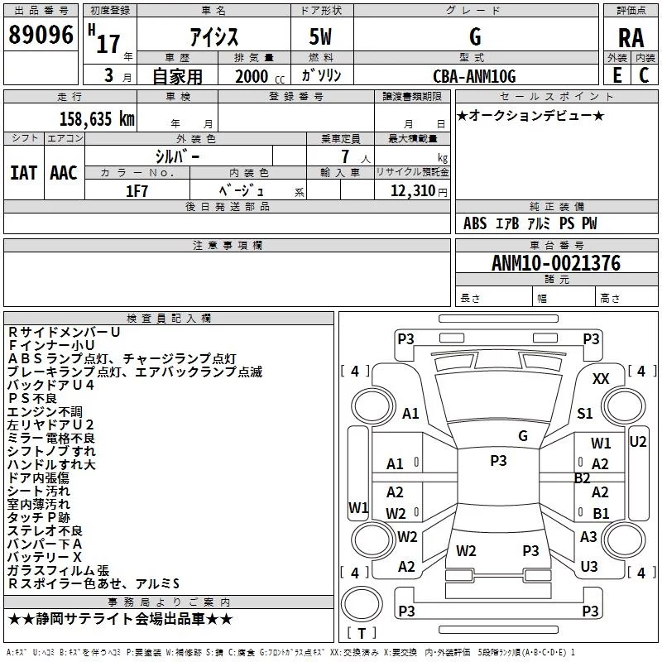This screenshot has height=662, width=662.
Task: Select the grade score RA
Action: pos(631,38)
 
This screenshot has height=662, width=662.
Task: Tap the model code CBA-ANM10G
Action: pos(474,76)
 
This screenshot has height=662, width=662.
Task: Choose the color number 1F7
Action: pos(137,190)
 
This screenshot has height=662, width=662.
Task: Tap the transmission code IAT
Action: pos(23,173)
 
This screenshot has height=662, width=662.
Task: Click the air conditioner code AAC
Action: pos(64,173)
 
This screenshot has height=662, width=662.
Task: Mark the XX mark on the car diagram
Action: pos(602,379)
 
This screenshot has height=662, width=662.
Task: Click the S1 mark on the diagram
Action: pos(585,413)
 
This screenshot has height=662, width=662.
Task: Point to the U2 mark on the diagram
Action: pos(638,441)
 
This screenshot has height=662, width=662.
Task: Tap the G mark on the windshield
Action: pos(523,435)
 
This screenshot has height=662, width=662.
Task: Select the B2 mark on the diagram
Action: pos(583,477)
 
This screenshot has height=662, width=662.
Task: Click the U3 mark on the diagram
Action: pos(589,567)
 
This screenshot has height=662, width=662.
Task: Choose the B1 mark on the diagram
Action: pos(601,513)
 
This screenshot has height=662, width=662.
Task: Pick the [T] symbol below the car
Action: pos(362,633)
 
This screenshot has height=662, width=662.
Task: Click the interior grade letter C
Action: pos(644,75)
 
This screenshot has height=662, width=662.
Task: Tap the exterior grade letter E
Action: pos(616,75)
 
